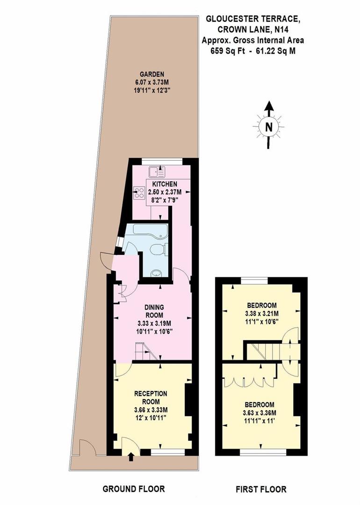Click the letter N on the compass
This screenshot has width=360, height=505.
point(268,127)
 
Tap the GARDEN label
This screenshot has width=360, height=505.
point(153,74)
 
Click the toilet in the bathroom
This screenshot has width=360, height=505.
point(158,250)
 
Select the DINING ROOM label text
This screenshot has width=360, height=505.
point(153,311)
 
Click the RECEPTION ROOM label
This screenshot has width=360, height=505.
point(151,397)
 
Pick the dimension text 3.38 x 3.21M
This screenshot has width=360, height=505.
point(261,314)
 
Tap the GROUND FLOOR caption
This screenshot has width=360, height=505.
point(134,490)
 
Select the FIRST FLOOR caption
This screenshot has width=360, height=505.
point(261,490)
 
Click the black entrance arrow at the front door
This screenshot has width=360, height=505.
point(130,456)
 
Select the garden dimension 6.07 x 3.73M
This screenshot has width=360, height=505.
point(153,82)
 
